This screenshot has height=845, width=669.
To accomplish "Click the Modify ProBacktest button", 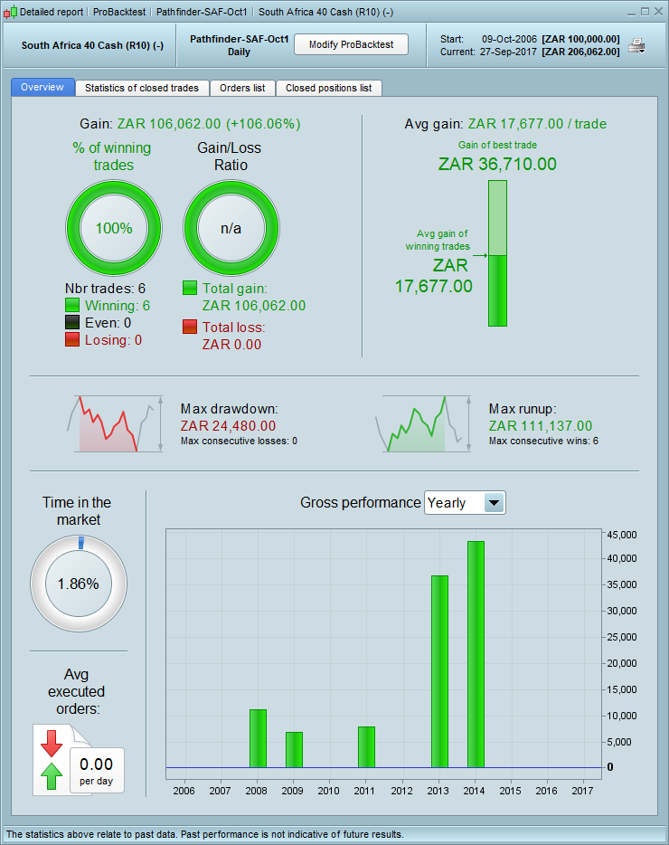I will [x=351, y=44].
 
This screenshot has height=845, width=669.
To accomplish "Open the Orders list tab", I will [x=242, y=88].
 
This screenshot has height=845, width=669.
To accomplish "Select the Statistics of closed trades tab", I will [x=142, y=88].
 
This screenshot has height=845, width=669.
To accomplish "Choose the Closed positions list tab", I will [x=328, y=88].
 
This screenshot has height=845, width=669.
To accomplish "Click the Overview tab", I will [x=42, y=87].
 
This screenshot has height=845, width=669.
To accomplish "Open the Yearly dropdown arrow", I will [x=494, y=503].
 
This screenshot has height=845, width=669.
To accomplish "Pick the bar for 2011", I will [x=366, y=746].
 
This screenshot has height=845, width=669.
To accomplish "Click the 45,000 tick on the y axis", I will [x=622, y=535].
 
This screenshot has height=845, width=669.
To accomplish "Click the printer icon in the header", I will [x=637, y=45].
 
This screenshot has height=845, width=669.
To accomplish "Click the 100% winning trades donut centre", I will [x=114, y=228].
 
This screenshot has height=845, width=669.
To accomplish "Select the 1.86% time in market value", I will [x=78, y=584].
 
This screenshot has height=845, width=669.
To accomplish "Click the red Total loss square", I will [x=190, y=327].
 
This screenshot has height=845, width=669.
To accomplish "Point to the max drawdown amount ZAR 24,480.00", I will [x=228, y=425].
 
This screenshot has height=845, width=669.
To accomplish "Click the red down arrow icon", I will [x=51, y=742].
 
